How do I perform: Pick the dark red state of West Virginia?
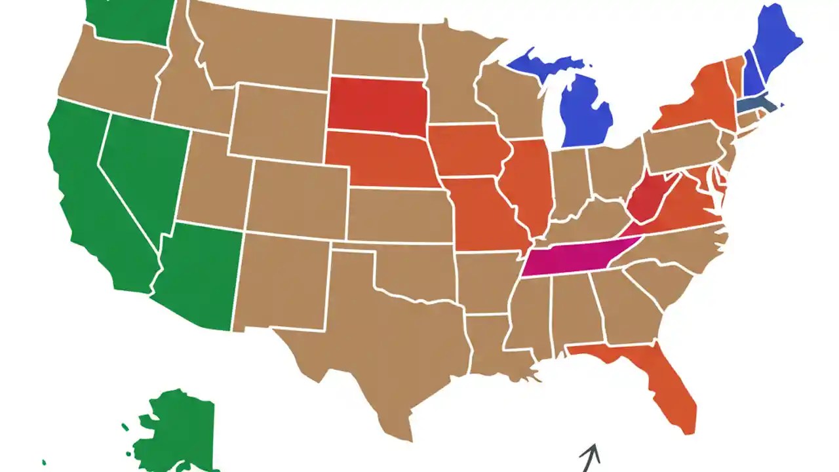click(649, 200)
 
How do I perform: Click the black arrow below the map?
click(589, 458)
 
